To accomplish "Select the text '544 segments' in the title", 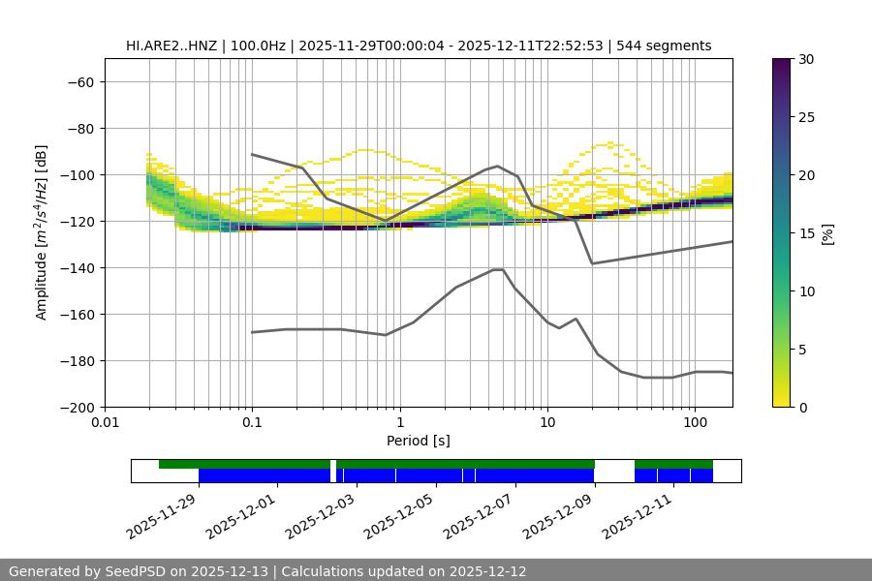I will pos(669,46).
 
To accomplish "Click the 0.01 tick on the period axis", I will pos(105,422).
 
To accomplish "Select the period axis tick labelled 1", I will pos(399,422).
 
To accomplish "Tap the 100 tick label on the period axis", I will pos(695,422).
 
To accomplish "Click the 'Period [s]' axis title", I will pos(418,441).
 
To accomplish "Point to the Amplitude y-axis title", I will pos(42,232).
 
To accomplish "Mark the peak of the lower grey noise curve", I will pos(498,269).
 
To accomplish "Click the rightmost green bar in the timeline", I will pos(673,464).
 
